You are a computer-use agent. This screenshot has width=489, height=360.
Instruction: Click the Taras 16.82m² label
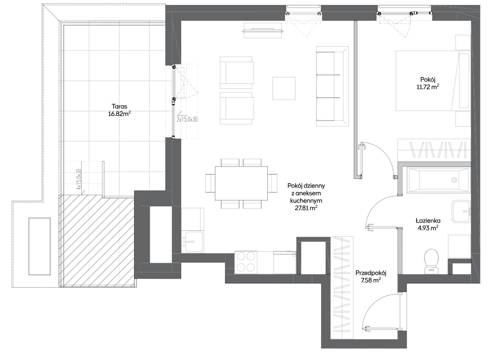[119, 110]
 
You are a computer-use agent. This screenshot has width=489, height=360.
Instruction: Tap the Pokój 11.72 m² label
[428, 83]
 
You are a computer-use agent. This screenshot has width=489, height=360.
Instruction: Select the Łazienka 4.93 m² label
[428, 224]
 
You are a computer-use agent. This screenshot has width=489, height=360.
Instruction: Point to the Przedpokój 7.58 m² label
[371, 277]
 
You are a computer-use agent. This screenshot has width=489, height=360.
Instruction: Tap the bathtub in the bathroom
[436, 180]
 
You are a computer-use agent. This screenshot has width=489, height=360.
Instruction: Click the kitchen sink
[192, 242]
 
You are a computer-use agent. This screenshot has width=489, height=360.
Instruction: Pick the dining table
[241, 183]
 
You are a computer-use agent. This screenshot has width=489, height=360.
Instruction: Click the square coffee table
[284, 89]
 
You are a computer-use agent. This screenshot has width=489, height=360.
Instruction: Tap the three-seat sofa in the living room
[332, 86]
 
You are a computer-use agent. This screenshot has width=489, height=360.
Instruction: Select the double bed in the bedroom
[432, 81]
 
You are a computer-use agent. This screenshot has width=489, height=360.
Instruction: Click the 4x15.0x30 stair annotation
[78, 179]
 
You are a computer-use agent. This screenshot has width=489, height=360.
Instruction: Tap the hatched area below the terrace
[97, 241]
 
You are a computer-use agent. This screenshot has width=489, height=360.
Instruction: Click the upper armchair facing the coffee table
[237, 73]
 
